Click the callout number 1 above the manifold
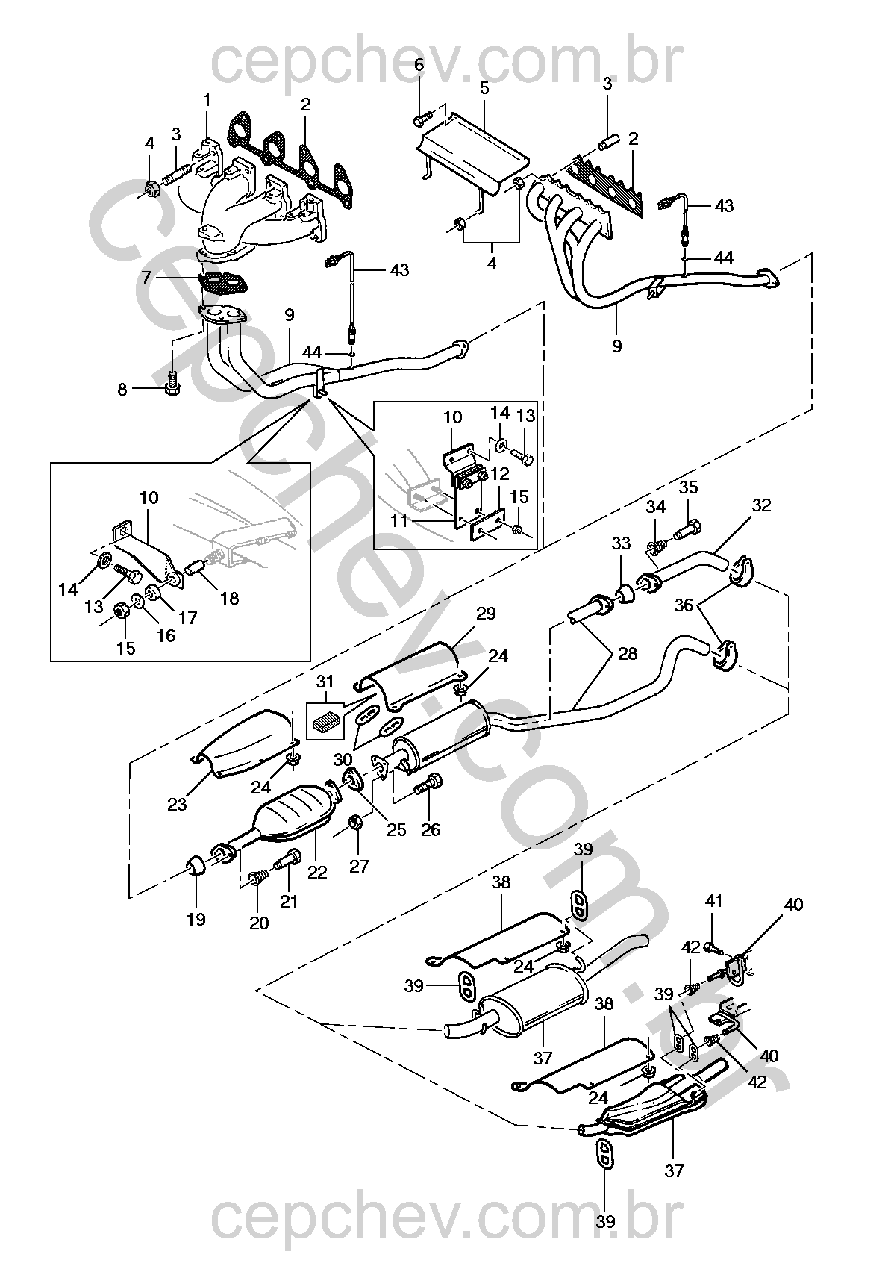click(207, 100)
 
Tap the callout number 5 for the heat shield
click(484, 88)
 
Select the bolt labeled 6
click(422, 119)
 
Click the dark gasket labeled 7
click(224, 283)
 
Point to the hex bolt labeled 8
click(172, 384)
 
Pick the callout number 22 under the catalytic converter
click(317, 871)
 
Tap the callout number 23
click(177, 803)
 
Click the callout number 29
click(486, 614)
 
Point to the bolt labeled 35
click(687, 533)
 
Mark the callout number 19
click(196, 918)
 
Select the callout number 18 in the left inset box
click(229, 598)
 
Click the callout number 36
click(684, 605)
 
